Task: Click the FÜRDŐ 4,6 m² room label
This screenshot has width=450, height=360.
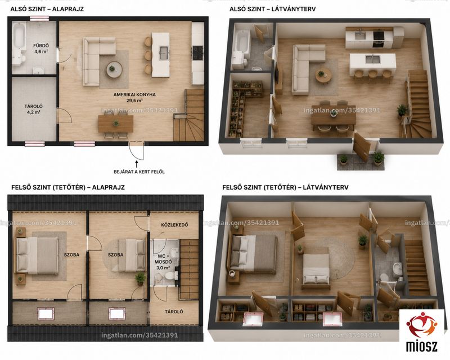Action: click(40, 48)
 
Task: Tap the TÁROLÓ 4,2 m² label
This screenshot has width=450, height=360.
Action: click(34, 109)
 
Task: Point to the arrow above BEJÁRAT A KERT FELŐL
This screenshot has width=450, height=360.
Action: click(136, 164)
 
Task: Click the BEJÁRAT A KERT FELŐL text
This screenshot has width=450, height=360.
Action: click(139, 172)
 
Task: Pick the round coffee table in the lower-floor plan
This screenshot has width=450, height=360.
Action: click(115, 70)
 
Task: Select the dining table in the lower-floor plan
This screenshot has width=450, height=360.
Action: click(116, 124)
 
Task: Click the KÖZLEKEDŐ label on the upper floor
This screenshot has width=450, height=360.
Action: click(174, 225)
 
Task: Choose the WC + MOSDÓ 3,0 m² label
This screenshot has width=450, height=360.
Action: click(163, 262)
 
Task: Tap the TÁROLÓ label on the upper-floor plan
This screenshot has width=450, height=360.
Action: click(174, 312)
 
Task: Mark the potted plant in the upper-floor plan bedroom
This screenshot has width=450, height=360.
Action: click(140, 278)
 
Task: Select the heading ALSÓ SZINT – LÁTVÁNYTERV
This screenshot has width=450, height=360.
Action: click(272, 9)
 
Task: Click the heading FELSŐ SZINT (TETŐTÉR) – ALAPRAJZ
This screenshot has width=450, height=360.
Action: click(68, 187)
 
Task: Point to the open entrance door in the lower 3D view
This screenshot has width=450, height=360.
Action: click(361, 147)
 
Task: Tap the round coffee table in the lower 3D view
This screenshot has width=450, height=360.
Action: click(323, 76)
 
